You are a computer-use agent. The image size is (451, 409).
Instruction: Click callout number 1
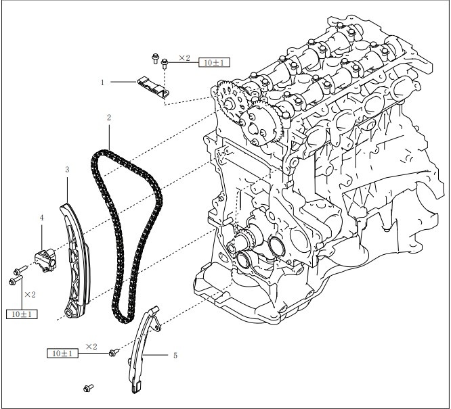point(102,82)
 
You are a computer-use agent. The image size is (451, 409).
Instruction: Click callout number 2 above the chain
point(109,118)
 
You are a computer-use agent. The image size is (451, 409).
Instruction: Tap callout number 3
point(67,170)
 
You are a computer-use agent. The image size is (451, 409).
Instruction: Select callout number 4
point(42,218)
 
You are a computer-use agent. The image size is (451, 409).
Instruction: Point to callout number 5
point(175,356)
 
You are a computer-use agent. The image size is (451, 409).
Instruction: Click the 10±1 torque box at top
point(214,62)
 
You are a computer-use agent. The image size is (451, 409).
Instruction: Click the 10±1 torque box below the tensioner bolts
point(22,314)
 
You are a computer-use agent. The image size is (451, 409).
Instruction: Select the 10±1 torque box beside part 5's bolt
point(63,354)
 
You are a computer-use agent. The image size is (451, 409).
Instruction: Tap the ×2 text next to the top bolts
point(184,58)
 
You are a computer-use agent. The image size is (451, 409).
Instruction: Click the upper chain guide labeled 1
point(153,88)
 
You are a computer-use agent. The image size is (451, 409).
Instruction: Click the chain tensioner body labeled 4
point(45,260)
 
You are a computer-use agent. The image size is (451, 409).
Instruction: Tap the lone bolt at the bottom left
point(88,388)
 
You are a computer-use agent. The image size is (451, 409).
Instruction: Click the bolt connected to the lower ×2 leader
point(114,352)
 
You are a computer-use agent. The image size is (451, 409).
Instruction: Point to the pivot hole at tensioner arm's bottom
point(68,313)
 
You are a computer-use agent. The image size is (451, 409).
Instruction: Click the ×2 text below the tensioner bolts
point(30,295)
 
